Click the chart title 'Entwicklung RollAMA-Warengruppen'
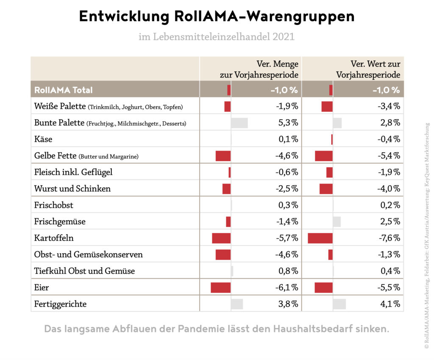[x=217, y=17]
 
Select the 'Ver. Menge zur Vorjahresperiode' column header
[x=259, y=69]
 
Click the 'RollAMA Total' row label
[x=63, y=90]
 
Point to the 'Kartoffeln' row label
[x=54, y=238]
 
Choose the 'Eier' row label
[x=42, y=287]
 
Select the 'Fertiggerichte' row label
[x=60, y=304]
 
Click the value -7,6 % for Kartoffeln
[x=389, y=238]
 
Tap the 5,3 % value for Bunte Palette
[x=287, y=123]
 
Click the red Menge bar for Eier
[x=220, y=287]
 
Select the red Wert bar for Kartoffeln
[x=320, y=238]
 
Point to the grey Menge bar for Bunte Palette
[x=239, y=123]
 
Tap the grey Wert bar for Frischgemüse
[x=337, y=221]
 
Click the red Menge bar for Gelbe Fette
[x=223, y=156]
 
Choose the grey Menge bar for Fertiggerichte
[x=236, y=304]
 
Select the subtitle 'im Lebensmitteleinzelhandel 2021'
[x=217, y=37]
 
